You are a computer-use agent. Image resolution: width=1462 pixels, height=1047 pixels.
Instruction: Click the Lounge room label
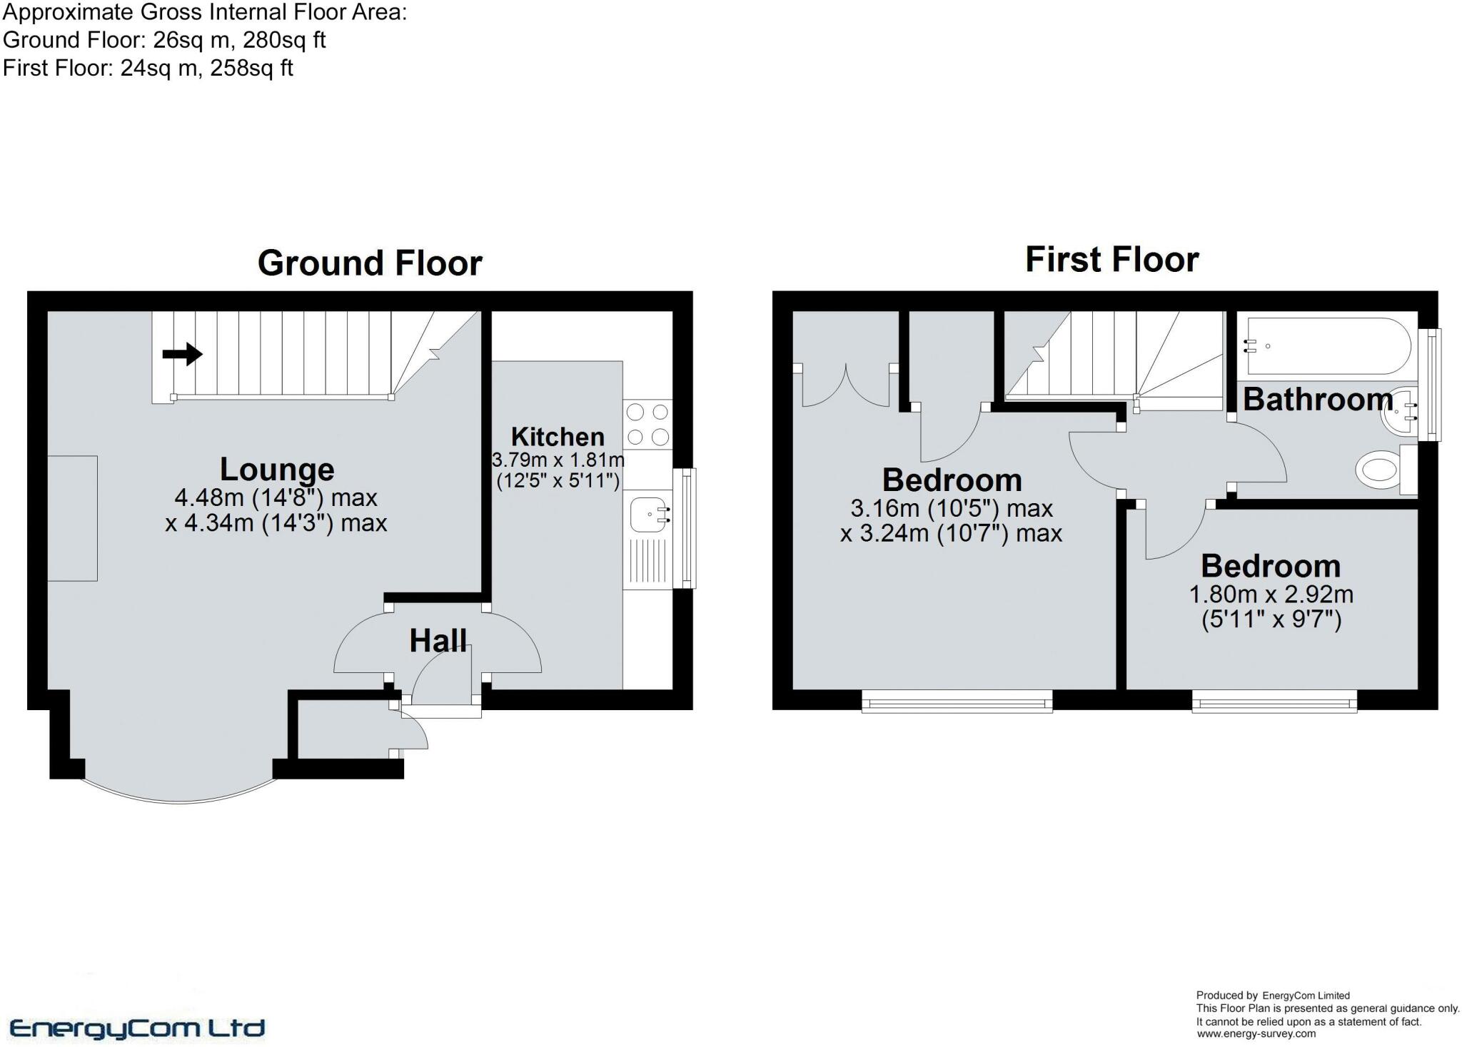[277, 470]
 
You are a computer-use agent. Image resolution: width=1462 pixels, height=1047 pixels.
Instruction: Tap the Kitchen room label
[558, 436]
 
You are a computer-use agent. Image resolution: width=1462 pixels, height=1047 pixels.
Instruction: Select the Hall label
[438, 641]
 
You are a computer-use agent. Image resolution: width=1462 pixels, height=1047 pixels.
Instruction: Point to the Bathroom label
[1318, 400]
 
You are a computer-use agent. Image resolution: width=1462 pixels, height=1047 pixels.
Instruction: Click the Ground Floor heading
[370, 263]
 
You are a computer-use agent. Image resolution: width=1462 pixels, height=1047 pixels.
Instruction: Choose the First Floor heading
[1111, 259]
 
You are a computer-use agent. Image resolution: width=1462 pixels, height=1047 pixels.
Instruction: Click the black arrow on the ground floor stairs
[183, 353]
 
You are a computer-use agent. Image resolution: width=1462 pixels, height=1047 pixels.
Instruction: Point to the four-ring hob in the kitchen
[647, 424]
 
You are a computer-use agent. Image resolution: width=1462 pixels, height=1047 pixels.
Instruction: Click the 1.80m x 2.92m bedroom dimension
[1271, 595]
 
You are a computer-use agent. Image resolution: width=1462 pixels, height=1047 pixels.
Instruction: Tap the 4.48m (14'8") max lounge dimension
[276, 497]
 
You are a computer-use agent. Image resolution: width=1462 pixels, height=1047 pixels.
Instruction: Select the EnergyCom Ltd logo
[137, 1028]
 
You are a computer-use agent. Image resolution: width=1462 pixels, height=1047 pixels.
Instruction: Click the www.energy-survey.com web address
[1256, 1033]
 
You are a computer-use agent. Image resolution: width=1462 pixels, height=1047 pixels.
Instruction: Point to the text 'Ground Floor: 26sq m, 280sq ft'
[164, 40]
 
